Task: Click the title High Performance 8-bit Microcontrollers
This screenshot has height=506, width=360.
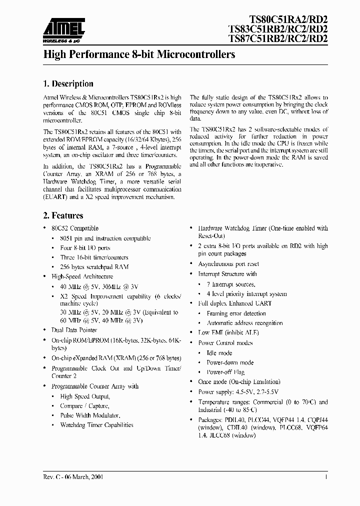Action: [x=139, y=55]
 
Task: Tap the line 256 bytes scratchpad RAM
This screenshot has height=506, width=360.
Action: [x=94, y=266]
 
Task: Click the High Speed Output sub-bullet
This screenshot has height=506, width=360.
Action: [x=84, y=396]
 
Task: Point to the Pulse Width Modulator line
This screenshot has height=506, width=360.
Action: [x=90, y=415]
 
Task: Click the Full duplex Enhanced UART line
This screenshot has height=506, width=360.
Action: [x=234, y=303]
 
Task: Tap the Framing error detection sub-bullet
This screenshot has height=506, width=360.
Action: [x=236, y=313]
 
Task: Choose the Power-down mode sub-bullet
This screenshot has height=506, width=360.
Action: [x=230, y=362]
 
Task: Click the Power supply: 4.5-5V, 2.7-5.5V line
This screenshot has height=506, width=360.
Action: [x=239, y=392]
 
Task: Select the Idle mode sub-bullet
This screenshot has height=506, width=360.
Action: [x=219, y=353]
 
